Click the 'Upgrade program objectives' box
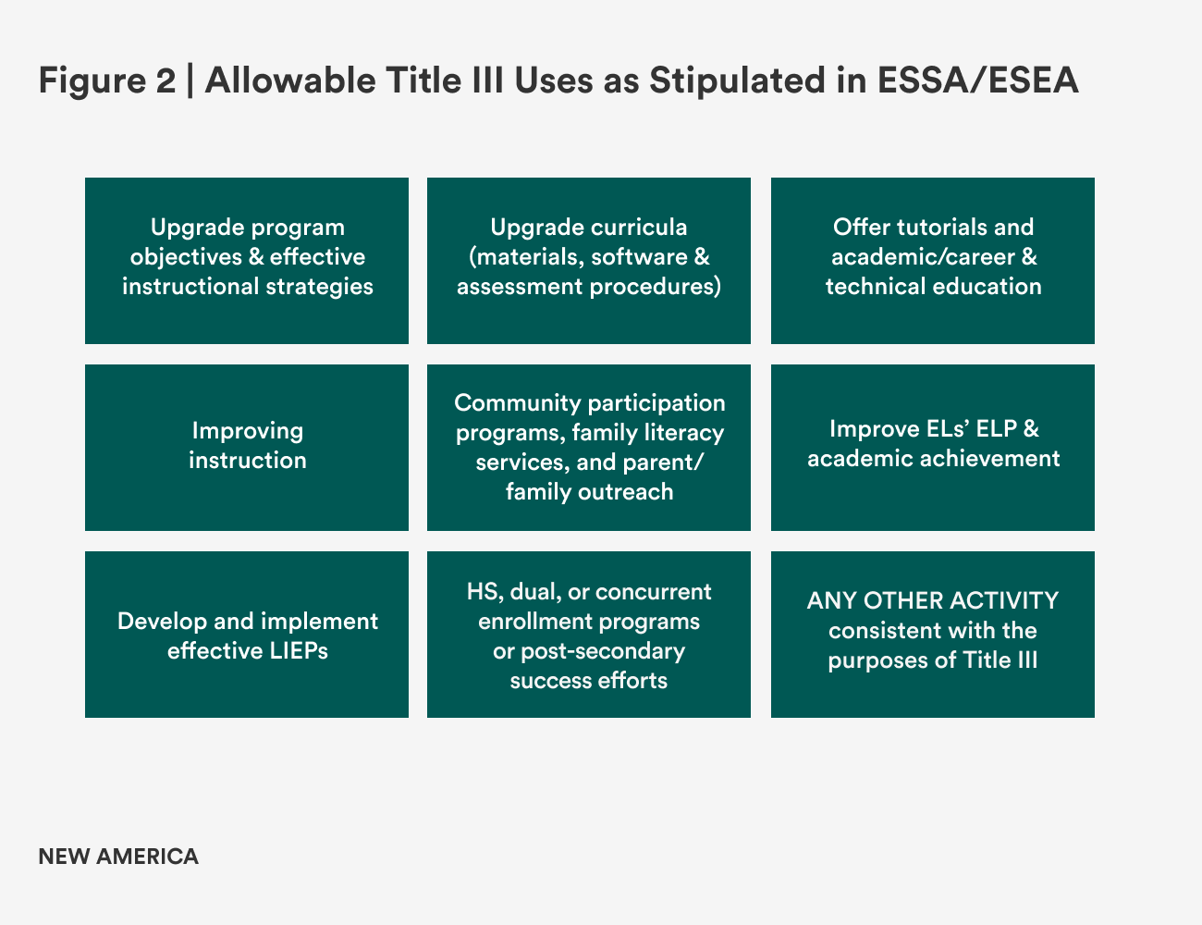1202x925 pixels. [x=247, y=260]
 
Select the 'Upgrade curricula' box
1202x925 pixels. [x=589, y=260]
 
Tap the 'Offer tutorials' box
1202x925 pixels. [x=933, y=260]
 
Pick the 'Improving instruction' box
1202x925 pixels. [x=247, y=447]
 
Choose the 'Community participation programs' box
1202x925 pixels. [x=589, y=447]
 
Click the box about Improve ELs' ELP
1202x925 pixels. [x=933, y=447]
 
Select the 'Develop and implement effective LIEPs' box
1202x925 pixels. [x=247, y=634]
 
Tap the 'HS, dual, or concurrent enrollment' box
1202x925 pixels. [x=589, y=634]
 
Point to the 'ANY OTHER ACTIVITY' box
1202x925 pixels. [x=933, y=634]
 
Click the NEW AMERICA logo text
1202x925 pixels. [x=118, y=857]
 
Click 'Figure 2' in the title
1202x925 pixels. [x=106, y=81]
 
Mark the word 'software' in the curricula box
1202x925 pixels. [x=638, y=257]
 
